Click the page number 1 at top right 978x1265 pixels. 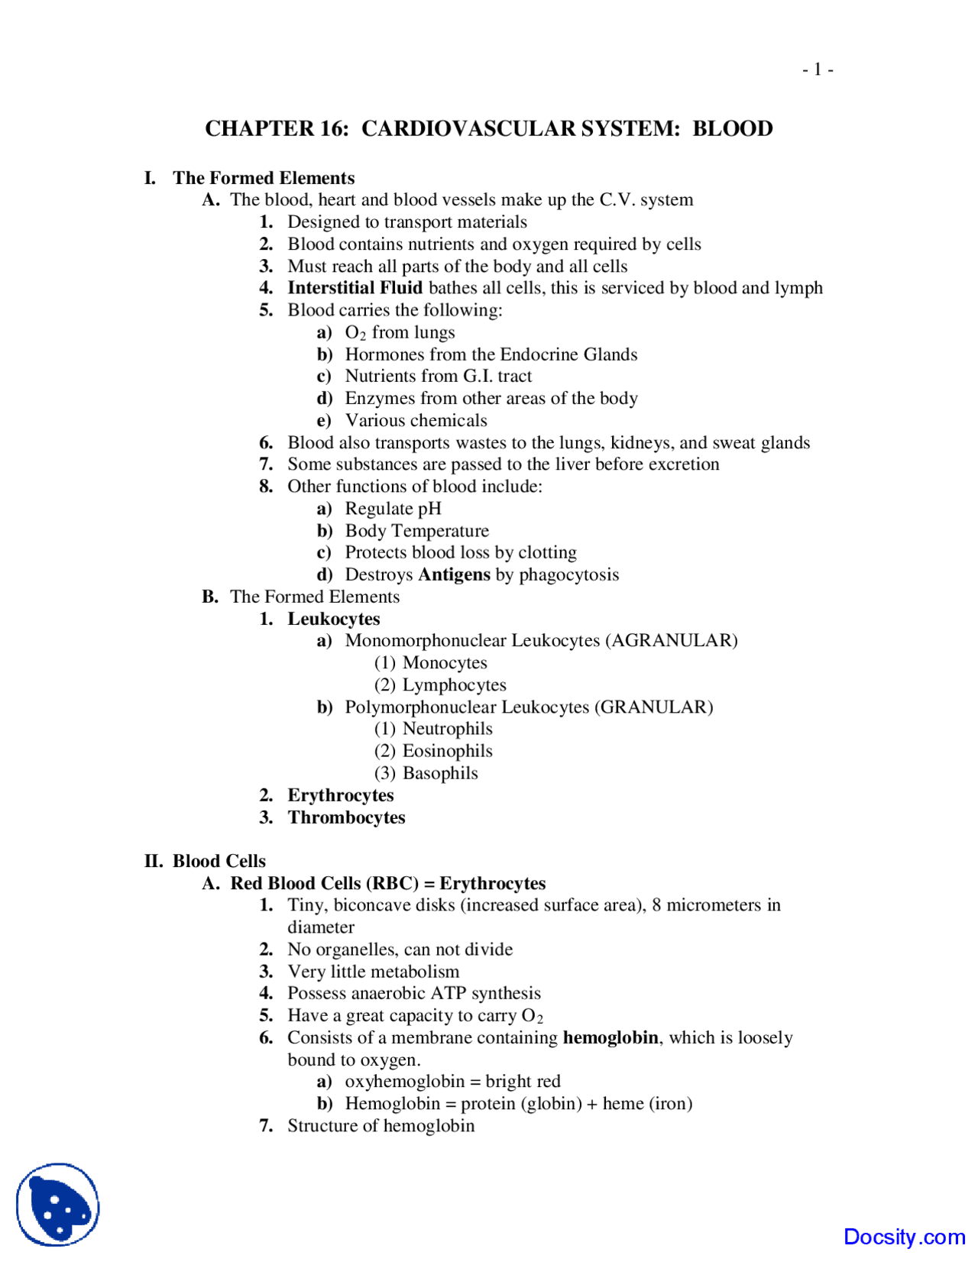click(818, 70)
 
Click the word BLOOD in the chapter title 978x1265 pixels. click(732, 128)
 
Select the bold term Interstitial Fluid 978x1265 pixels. click(355, 288)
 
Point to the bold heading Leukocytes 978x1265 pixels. click(333, 619)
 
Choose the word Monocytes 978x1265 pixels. click(445, 663)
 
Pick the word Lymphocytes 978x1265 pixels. click(454, 685)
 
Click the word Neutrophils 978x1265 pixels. click(447, 729)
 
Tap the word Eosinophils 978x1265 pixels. click(447, 751)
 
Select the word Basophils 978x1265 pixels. click(440, 773)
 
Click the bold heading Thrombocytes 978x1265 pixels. click(346, 817)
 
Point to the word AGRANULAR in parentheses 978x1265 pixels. click(672, 640)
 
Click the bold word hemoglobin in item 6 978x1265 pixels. click(610, 1037)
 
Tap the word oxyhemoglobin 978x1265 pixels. click(405, 1082)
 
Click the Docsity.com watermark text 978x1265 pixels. click(904, 1237)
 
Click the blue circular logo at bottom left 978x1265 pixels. click(58, 1205)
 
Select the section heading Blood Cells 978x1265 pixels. click(219, 861)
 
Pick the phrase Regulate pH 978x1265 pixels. click(393, 509)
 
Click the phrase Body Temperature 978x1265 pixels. click(416, 531)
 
